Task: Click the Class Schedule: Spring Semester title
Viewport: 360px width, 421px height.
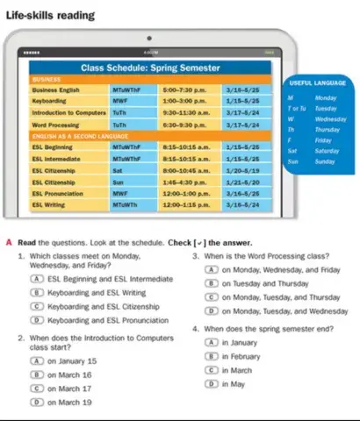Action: pos(150,66)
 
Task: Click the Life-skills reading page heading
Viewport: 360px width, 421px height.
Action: pos(54,15)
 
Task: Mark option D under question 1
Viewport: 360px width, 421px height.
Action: pos(33,322)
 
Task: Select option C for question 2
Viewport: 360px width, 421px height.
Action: pos(33,387)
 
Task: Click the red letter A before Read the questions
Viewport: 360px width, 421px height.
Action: pos(9,242)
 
